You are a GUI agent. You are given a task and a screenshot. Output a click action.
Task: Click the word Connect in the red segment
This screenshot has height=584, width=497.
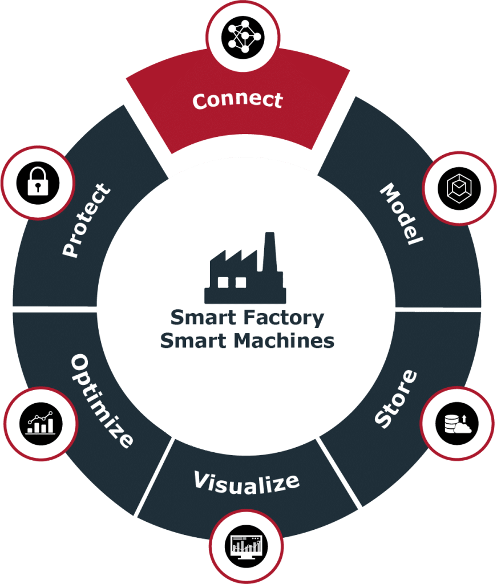pos(237,100)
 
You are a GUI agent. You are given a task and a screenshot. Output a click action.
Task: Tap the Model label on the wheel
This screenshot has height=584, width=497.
pos(402,214)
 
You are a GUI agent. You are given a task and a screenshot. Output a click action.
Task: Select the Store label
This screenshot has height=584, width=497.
pos(395,399)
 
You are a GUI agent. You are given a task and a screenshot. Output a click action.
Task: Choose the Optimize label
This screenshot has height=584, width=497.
pos(102,400)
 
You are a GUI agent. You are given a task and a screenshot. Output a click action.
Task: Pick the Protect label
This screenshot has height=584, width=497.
pos(86,220)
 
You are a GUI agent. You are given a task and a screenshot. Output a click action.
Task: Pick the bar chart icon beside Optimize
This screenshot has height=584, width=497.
pos(40,423)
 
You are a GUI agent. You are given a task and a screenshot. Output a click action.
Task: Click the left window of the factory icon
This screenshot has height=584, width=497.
pos(224,282)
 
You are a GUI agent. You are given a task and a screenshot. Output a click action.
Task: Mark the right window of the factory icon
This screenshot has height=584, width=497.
pos(240,282)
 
